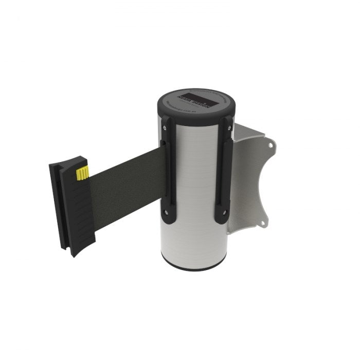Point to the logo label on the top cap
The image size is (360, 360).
click(196, 99)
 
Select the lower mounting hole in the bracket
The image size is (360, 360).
click(264, 223)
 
